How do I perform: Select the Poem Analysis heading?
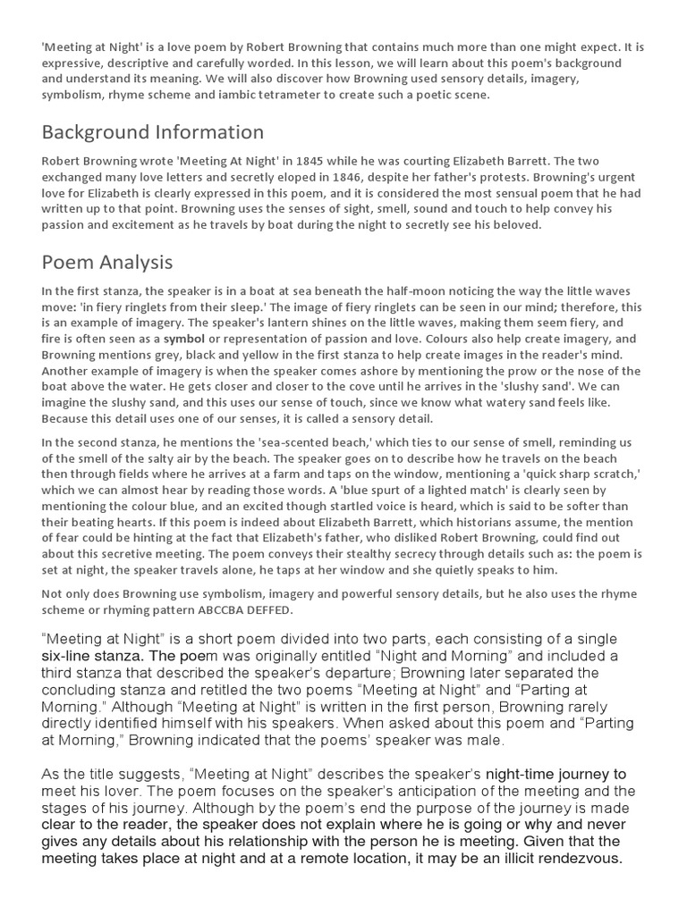[x=107, y=263]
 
